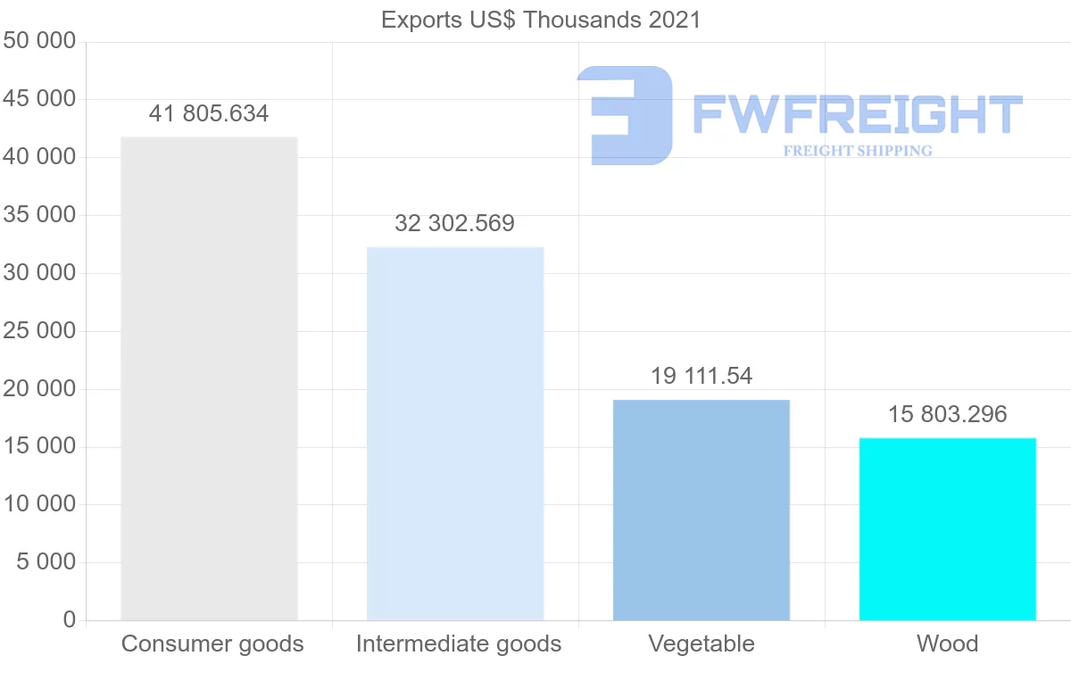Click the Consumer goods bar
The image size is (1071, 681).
click(x=209, y=378)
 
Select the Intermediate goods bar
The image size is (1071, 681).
click(x=455, y=434)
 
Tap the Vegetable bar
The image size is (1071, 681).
click(x=702, y=510)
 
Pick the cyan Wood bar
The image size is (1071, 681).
click(x=947, y=528)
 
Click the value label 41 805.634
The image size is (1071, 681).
click(x=209, y=114)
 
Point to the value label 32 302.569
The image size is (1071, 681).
click(x=455, y=224)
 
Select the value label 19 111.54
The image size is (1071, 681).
click(x=702, y=377)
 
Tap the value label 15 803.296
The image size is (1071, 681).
click(x=947, y=415)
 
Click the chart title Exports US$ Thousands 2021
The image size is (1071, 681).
click(x=541, y=20)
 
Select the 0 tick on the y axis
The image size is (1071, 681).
click(x=70, y=620)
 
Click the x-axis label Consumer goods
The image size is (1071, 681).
click(x=212, y=644)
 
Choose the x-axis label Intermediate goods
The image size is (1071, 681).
click(x=459, y=644)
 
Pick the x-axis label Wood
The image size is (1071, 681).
click(x=947, y=644)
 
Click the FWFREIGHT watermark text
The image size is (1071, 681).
click(x=857, y=114)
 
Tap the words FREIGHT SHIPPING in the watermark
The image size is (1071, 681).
click(x=858, y=151)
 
